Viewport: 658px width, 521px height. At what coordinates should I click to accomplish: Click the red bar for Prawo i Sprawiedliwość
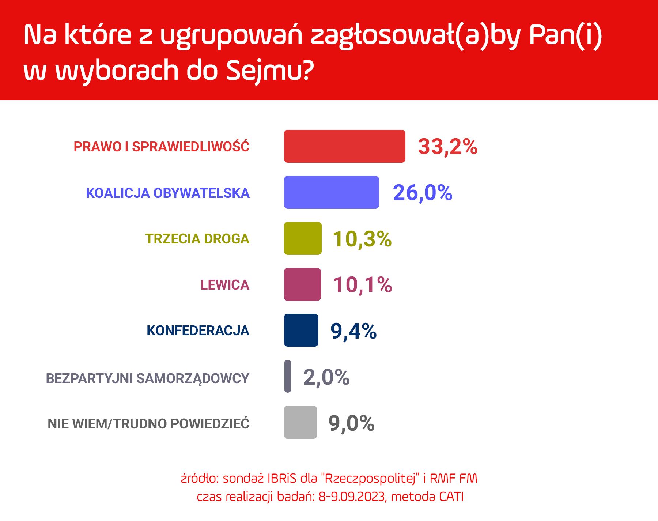345,146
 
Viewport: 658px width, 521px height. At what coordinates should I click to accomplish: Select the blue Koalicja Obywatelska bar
332,192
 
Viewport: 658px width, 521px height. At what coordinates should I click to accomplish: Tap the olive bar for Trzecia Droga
303,238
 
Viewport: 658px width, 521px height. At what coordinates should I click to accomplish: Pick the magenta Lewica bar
302,284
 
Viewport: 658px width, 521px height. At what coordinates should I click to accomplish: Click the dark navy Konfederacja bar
301,330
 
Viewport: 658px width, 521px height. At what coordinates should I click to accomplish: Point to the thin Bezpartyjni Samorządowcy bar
288,376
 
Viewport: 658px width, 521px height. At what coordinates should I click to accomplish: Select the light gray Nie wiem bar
300,422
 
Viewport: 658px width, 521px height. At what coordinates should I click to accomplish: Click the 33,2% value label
448,147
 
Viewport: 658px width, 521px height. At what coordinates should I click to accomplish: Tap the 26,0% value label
423,193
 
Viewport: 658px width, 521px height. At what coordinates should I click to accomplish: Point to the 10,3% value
362,239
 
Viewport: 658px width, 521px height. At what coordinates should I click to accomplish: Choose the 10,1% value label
362,285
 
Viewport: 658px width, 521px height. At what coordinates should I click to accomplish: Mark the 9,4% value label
353,331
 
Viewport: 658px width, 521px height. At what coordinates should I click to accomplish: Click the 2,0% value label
326,377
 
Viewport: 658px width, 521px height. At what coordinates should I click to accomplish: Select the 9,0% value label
351,423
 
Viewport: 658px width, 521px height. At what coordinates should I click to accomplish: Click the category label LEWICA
225,285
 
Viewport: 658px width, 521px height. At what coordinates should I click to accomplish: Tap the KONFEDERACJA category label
198,331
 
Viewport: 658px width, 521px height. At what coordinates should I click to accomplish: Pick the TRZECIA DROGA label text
197,239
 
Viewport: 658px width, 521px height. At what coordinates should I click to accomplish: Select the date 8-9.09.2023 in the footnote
352,497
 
